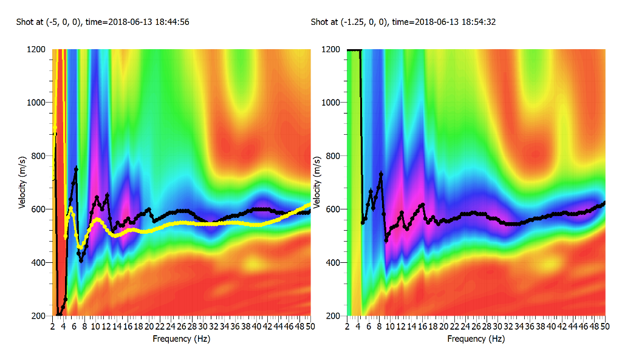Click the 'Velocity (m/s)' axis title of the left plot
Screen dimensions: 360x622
(22, 182)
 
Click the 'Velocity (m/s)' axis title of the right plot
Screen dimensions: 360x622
(317, 182)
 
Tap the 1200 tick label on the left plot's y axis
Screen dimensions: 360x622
(36, 49)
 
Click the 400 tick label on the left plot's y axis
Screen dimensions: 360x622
(38, 263)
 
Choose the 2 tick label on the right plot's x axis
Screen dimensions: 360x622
(347, 327)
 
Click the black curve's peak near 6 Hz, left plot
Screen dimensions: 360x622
(76, 168)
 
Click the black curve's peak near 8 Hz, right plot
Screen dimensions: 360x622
(381, 174)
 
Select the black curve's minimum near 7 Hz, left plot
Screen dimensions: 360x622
(81, 260)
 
